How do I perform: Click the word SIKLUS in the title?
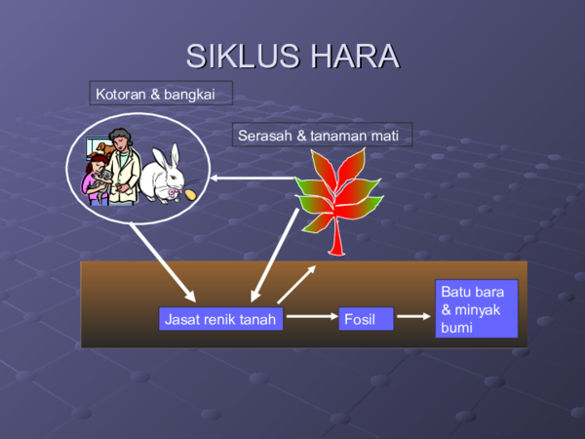(x=243, y=56)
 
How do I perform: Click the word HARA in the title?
(x=355, y=56)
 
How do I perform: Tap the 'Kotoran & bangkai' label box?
(x=161, y=93)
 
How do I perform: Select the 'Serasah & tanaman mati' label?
(x=323, y=135)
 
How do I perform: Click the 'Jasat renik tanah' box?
(x=221, y=319)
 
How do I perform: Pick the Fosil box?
(x=366, y=319)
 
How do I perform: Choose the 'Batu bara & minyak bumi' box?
(x=477, y=308)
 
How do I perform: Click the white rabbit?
(x=163, y=175)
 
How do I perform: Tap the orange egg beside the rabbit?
(x=190, y=194)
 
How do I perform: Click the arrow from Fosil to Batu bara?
(x=413, y=316)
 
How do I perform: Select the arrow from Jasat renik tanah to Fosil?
(x=312, y=316)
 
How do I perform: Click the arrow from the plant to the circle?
(x=253, y=179)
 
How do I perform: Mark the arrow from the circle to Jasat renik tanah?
(x=163, y=262)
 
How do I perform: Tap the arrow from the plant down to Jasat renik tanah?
(x=275, y=256)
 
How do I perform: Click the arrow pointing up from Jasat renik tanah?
(x=296, y=284)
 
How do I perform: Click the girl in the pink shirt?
(x=95, y=180)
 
